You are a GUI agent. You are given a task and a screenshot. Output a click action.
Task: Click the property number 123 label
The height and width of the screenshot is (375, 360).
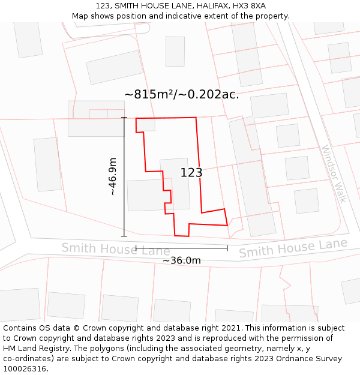pos(191,173)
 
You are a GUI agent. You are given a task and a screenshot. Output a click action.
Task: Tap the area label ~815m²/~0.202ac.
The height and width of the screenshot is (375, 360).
pos(181,94)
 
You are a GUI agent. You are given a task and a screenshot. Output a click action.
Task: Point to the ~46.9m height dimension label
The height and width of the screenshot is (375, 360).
pos(113,176)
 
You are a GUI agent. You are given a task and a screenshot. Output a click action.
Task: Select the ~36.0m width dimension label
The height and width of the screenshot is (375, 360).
pos(182,260)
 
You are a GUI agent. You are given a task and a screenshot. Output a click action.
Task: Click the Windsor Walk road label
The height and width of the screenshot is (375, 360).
pos(334,174)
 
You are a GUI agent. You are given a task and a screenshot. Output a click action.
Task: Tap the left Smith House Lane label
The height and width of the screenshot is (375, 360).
pos(116,248)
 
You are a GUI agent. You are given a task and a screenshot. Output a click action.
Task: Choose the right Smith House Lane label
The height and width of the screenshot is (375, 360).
pos(293,247)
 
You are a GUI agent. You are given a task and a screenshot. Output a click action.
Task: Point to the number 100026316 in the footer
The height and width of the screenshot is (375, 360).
pos(25,369)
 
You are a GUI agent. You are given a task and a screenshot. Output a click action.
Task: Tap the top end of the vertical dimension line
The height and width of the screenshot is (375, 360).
pos(124,118)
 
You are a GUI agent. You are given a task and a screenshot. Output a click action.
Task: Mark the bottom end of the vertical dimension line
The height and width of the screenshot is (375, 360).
pos(124,236)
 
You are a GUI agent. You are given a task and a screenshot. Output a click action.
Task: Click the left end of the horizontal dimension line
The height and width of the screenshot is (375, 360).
pos(136,247)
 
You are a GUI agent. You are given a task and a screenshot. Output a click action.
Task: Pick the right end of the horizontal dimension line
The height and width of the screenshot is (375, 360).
pos(227,247)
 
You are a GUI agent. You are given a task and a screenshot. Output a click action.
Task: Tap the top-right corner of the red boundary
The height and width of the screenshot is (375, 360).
pos(196,118)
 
